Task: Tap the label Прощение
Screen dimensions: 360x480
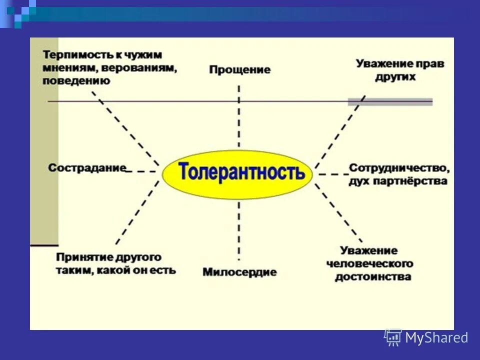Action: [x=239, y=69]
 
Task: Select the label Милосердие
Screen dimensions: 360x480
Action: [x=239, y=272]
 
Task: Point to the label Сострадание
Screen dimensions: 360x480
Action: [x=87, y=167]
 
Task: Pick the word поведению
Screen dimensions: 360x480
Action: [x=75, y=80]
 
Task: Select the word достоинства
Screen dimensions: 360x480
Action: [x=373, y=276]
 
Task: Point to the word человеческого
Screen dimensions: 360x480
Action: [x=369, y=263]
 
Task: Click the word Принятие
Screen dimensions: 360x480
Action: [x=79, y=257]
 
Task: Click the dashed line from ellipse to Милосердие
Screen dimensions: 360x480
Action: [x=238, y=230]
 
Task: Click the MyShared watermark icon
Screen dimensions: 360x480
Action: [x=392, y=337]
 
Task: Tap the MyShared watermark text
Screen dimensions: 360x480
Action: [x=436, y=338]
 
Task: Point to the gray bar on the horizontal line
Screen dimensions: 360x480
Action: [x=390, y=101]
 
